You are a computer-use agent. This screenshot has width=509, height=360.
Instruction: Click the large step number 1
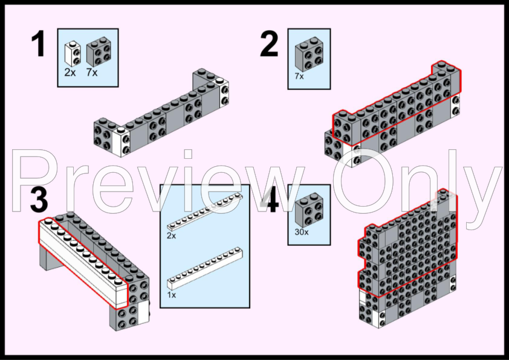[x=39, y=43]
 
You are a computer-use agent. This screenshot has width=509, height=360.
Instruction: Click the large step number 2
[x=269, y=43]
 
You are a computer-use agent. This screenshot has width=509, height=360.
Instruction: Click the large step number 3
[x=39, y=200]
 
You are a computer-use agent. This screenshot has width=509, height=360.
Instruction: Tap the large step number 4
[x=270, y=200]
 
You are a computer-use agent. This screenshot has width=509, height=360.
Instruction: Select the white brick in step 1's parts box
[x=72, y=54]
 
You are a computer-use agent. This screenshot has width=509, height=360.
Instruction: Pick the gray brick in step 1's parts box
[x=99, y=51]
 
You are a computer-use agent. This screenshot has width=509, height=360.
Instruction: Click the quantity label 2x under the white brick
[x=70, y=72]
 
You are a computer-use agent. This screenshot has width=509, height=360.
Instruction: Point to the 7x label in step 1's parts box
[x=92, y=72]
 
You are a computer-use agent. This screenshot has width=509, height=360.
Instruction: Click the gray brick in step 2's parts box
[x=309, y=54]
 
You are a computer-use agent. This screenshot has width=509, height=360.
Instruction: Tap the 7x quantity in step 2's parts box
[x=299, y=76]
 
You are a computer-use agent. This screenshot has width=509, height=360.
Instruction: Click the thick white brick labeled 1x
[x=205, y=269]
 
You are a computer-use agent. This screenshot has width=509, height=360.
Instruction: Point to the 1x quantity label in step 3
[x=172, y=295]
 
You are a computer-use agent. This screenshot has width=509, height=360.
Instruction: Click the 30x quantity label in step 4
[x=302, y=232]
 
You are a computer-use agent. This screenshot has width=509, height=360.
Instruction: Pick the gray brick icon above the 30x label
[x=309, y=210]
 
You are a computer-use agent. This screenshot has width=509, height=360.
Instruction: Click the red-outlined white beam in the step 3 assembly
[x=83, y=263]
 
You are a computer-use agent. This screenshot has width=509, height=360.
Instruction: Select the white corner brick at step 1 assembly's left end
[x=122, y=142]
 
